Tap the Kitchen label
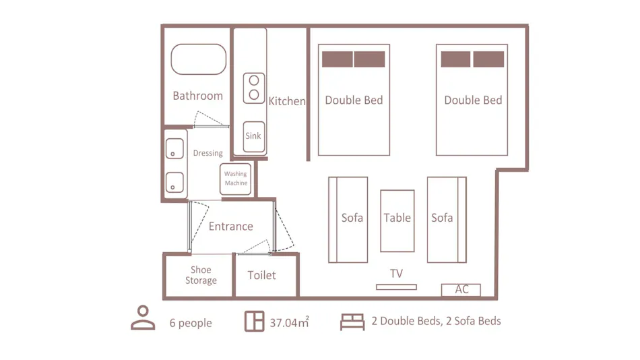(287, 101)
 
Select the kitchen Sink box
(254, 136)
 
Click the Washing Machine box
(235, 179)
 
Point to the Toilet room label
(261, 275)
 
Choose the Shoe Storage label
(201, 275)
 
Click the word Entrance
(230, 227)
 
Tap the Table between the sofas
(397, 220)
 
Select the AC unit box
(461, 290)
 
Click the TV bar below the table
(396, 287)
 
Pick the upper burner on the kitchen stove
(254, 80)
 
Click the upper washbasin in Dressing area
(174, 148)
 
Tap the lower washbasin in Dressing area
(174, 182)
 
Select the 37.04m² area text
(289, 322)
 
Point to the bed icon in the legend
(352, 322)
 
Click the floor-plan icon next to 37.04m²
(254, 321)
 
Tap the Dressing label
(207, 153)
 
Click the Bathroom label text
(197, 96)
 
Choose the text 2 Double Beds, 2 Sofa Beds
(436, 321)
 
